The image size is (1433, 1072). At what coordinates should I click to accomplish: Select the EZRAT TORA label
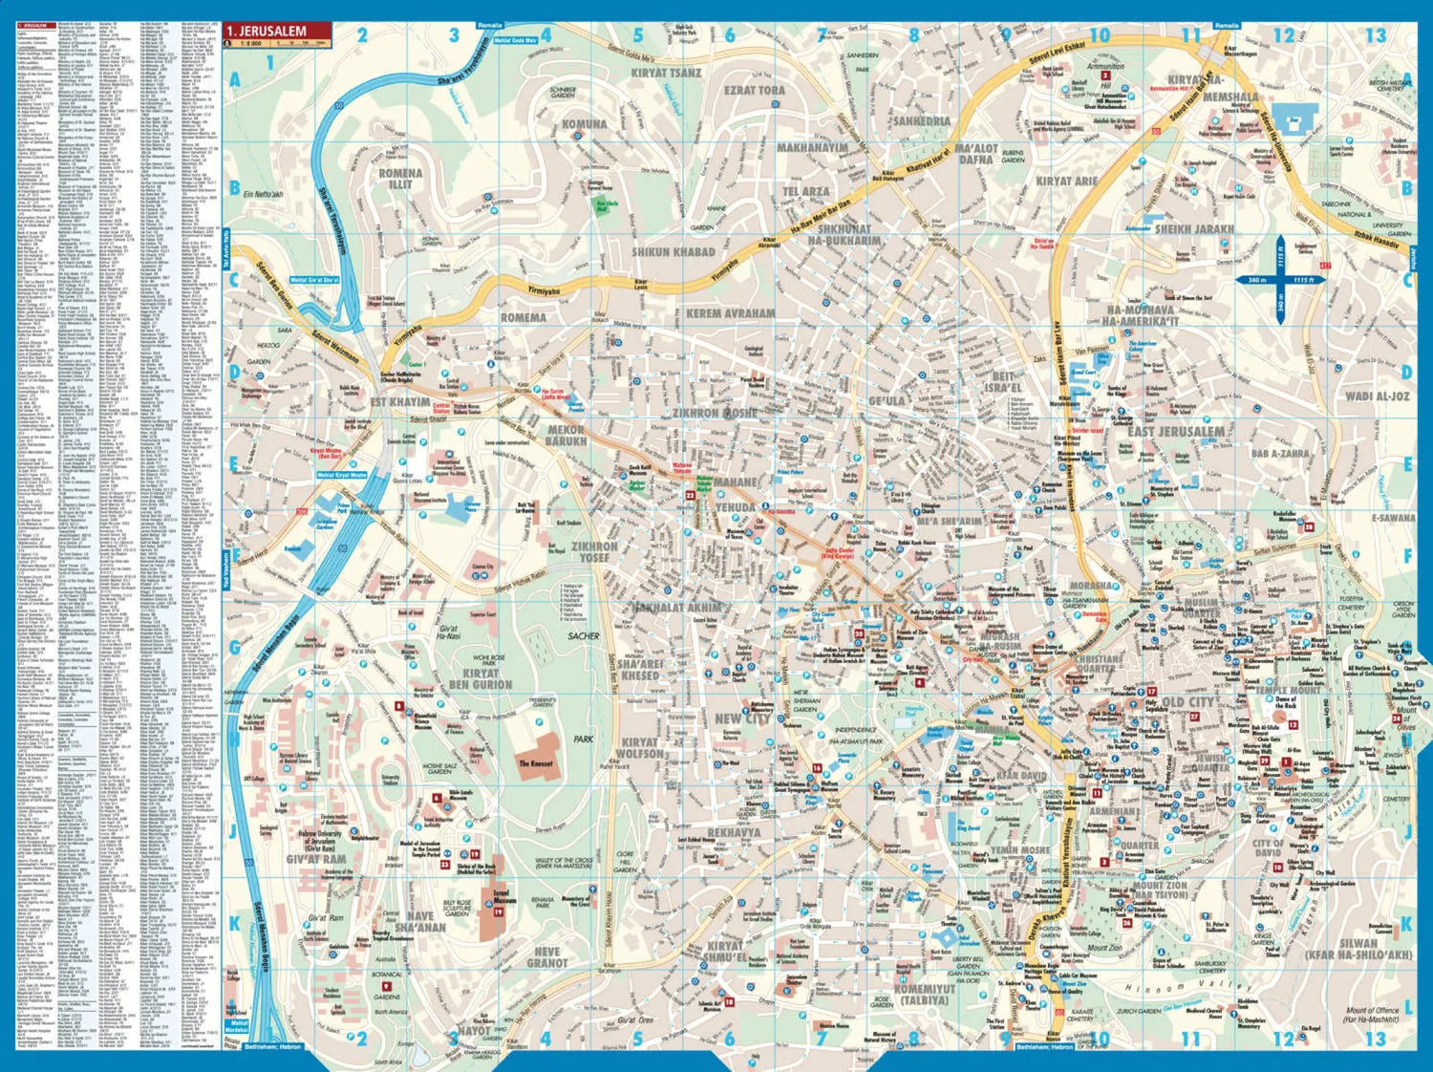755,90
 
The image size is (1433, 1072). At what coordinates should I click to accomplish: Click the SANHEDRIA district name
921,122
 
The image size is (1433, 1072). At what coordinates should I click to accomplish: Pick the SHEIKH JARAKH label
1194,230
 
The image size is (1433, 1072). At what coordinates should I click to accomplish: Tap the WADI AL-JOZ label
1377,396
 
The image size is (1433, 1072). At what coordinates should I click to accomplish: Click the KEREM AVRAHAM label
731,313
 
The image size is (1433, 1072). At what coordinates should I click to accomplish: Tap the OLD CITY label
1188,702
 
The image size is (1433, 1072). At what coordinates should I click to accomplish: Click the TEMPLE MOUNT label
1289,690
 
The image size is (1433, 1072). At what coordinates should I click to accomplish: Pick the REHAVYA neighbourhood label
734,832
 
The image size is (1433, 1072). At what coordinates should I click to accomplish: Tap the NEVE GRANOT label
546,957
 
